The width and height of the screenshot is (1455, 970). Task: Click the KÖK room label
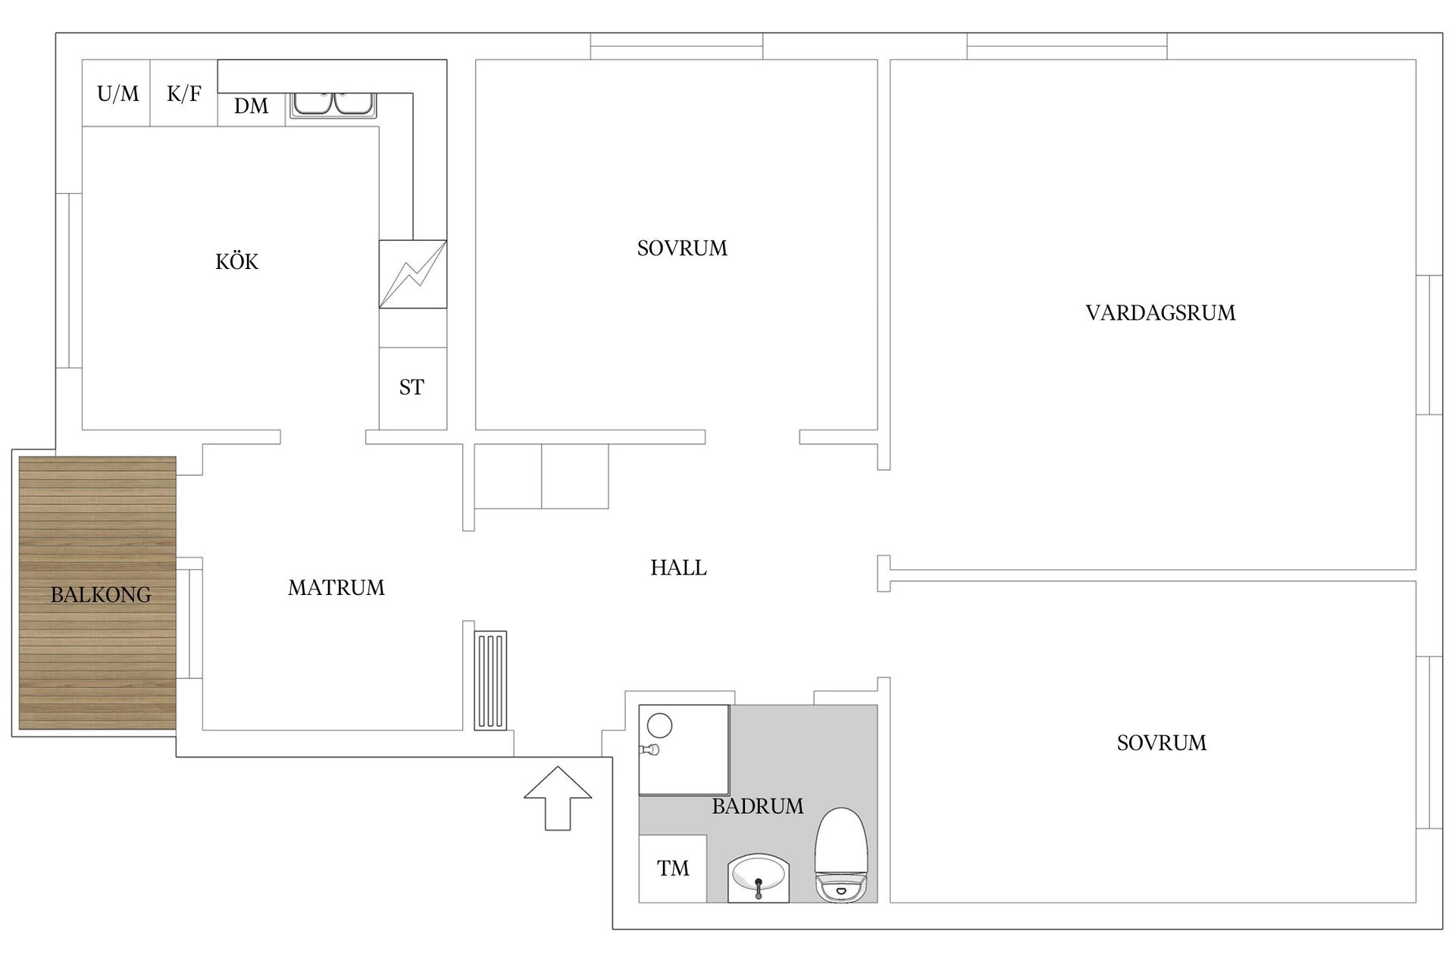pos(236,262)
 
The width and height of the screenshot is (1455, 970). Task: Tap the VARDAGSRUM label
pos(1159,313)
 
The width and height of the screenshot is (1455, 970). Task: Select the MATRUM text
pos(336,587)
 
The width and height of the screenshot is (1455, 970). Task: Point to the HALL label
pos(678,568)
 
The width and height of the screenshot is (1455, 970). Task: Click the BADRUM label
pos(757,806)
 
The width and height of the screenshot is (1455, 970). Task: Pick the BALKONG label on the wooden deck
pos(100,595)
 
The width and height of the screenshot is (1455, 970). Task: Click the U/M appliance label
pos(117,94)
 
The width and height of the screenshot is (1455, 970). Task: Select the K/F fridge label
pos(183,94)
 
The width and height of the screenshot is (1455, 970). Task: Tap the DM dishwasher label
pos(251,106)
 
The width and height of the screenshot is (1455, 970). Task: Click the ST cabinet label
pos(411,388)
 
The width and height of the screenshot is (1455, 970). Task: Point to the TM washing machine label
pos(672,868)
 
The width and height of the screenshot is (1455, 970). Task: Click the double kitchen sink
pos(333,104)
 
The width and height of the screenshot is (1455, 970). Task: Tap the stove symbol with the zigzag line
pos(412,274)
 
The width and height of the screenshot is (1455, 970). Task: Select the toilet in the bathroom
pos(840,855)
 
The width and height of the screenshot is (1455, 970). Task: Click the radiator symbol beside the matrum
pos(490,681)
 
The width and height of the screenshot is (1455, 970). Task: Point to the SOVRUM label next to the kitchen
pos(681,249)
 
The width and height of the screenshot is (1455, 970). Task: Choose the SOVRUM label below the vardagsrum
pos(1161,743)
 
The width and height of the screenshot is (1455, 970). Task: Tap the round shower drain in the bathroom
pos(659,725)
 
